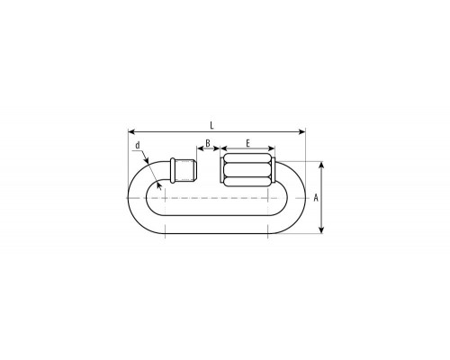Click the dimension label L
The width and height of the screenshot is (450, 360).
211,125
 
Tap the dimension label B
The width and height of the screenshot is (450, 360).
208,143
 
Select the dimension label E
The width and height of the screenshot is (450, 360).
247,143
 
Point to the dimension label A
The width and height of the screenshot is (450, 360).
316,198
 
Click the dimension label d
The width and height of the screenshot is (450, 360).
138,145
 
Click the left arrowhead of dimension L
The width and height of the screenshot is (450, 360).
130,131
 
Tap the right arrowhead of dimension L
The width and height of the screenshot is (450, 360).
302,131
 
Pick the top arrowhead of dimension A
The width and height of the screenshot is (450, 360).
321,165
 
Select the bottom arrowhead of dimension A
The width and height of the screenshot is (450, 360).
321,230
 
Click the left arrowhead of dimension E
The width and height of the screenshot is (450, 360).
223,148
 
